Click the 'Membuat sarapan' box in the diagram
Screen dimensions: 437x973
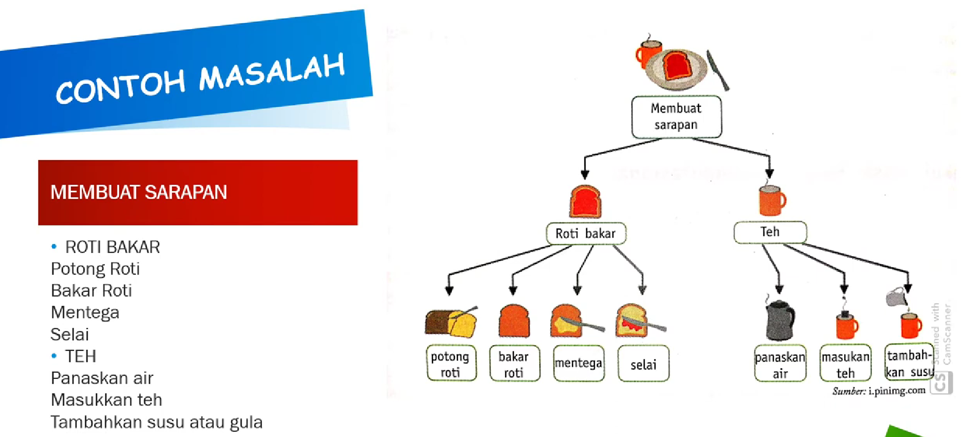676,117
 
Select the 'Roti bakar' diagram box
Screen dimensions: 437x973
586,233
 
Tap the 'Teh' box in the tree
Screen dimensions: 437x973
770,232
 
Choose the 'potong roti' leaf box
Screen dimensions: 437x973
451,363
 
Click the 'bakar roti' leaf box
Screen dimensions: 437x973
514,363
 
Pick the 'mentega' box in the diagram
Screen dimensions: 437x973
578,363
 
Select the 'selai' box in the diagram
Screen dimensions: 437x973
643,364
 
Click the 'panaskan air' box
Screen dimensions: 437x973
780,364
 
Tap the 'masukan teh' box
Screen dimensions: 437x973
845,364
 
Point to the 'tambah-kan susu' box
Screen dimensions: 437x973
909,363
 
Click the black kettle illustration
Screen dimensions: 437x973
780,320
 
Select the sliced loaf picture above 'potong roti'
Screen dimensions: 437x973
450,322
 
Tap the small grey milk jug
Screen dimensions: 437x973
895,298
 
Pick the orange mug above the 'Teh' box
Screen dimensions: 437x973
772,200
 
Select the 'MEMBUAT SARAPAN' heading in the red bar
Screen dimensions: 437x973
138,192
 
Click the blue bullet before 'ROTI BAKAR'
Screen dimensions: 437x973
54,247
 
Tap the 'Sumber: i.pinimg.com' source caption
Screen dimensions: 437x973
879,391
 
